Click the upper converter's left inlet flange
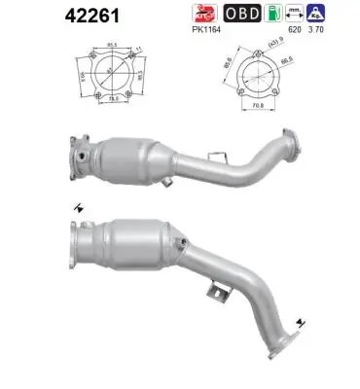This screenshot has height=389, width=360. (81, 159)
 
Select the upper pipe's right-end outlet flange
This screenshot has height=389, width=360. (288, 143)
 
